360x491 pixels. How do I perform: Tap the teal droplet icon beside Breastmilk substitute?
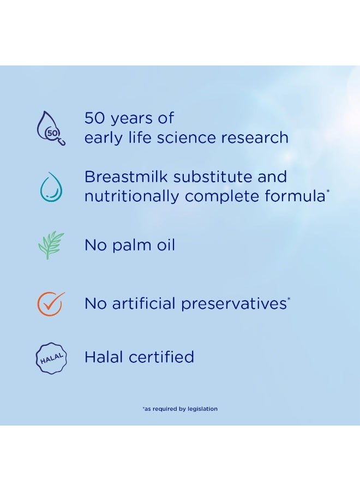51,187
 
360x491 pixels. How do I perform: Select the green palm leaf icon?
51,245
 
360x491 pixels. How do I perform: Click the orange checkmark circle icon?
51,303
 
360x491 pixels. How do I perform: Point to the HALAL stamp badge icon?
51,358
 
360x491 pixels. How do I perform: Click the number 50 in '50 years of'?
94,118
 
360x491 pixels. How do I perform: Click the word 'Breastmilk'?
126,177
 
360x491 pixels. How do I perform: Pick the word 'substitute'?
213,177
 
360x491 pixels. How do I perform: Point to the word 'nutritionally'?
132,196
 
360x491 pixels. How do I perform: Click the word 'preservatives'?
234,304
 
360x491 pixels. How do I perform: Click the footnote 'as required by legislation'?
180,409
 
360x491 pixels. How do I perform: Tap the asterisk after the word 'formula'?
328,191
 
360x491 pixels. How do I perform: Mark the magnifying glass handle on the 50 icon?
62,142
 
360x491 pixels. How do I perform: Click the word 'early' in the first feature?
104,139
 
